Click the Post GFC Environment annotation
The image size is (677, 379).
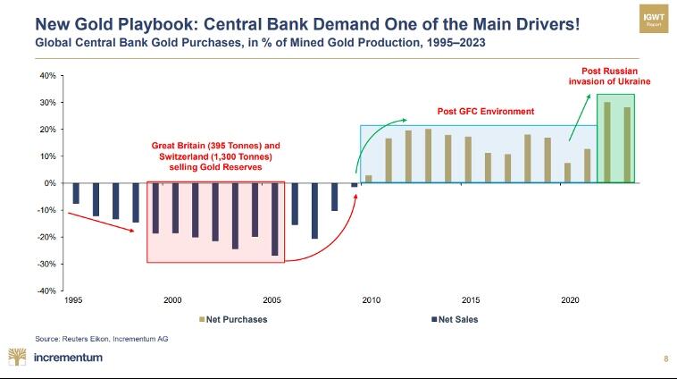[485, 112]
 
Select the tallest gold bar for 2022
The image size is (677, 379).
[606, 142]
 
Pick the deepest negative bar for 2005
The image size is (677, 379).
[274, 219]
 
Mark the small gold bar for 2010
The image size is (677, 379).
[369, 179]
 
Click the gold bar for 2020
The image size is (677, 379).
[567, 173]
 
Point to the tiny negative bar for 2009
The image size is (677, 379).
[354, 185]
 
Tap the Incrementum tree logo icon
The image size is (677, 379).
[17, 357]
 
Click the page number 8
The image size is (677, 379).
[665, 358]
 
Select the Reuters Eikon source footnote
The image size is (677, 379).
[101, 339]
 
